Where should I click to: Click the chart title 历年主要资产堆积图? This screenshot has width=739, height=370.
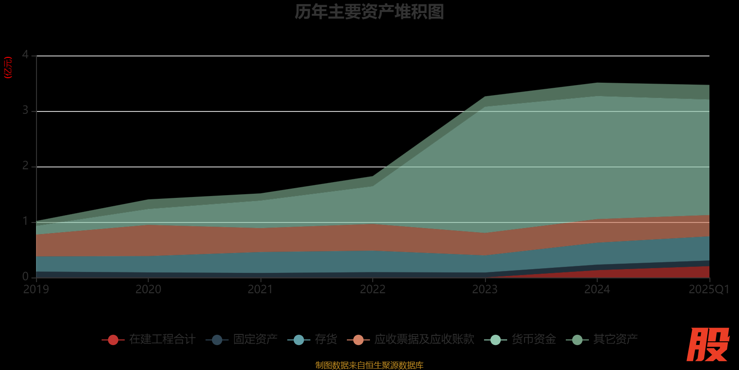tap(369, 12)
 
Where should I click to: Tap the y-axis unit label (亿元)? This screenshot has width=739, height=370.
tap(8, 68)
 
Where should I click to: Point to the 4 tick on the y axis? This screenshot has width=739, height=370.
tap(25, 55)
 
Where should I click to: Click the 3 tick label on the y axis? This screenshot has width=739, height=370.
tap(25, 111)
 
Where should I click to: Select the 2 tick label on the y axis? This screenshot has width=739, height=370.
tap(25, 166)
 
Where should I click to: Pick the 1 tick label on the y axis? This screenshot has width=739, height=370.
tap(25, 222)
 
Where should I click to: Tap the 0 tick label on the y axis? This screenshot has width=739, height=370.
tap(25, 277)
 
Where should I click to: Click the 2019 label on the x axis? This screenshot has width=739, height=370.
tap(36, 290)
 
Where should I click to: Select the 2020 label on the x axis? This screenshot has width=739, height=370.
tap(148, 290)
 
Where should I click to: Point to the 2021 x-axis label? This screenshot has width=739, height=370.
tap(260, 290)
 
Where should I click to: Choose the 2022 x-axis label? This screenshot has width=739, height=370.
tap(373, 290)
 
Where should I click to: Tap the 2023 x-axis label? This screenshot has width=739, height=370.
tap(485, 290)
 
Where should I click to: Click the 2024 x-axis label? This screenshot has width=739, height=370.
tap(597, 290)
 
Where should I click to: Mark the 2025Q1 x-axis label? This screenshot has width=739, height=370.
tap(709, 290)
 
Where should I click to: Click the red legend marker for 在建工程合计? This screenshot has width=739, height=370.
tap(113, 340)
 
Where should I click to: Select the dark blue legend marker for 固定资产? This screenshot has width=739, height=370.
tap(217, 340)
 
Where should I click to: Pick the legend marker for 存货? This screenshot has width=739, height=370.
tap(299, 340)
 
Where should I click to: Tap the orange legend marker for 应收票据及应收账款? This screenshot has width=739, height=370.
tap(358, 340)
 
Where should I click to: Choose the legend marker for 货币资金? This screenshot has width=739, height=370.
tap(496, 340)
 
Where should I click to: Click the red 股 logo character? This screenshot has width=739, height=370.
tap(708, 345)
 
